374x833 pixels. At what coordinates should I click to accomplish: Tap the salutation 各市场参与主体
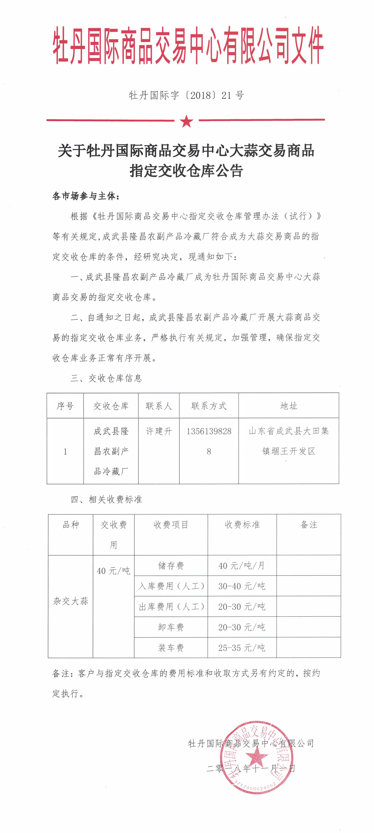(86, 196)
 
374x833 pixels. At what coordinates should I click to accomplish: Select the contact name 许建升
(159, 431)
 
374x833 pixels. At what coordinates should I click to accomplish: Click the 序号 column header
(65, 406)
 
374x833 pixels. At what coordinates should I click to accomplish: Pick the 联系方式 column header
(209, 406)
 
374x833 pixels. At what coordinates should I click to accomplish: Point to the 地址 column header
(289, 406)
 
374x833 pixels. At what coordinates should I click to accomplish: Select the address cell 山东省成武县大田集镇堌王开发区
(289, 441)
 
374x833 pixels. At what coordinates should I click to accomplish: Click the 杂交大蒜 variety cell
(71, 601)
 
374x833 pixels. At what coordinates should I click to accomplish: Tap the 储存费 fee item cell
(171, 565)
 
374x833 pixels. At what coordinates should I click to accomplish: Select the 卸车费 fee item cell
(171, 627)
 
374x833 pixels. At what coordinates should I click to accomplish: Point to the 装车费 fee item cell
(171, 648)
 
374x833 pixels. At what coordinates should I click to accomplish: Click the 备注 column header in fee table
(309, 525)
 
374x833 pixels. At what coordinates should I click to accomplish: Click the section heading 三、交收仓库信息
(107, 378)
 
